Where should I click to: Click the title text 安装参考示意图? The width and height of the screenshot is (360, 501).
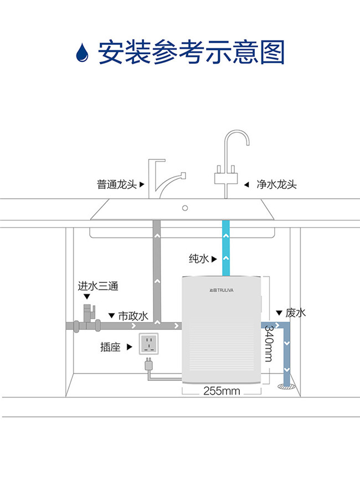click(x=191, y=53)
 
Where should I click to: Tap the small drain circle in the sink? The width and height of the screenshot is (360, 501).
click(x=186, y=208)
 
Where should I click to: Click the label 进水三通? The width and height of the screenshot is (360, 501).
click(x=97, y=287)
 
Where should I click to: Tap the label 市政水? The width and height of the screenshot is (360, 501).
click(x=133, y=316)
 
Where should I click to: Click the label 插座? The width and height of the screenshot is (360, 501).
click(x=110, y=347)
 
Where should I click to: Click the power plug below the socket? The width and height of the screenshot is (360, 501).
click(x=148, y=364)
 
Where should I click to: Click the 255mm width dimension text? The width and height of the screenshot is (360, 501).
click(x=222, y=391)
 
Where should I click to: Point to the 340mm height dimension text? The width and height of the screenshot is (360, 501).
click(x=268, y=343)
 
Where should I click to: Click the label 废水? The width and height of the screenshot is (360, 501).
click(x=295, y=313)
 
